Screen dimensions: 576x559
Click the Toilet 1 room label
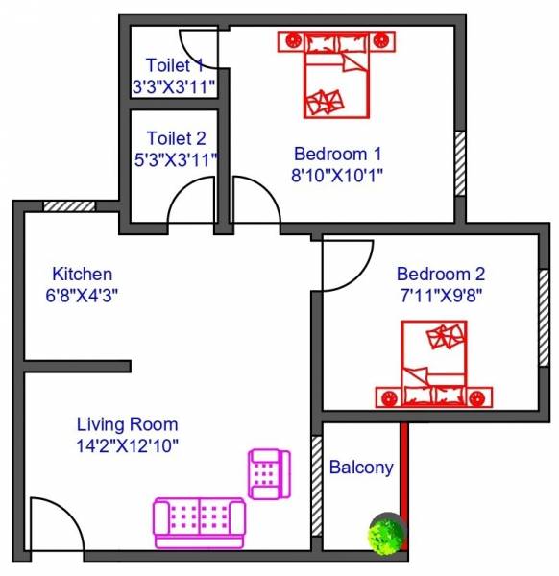point(175,65)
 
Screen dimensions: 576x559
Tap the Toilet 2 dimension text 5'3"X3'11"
point(176,158)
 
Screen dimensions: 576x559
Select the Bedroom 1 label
point(338,154)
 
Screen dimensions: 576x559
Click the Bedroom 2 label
point(441,273)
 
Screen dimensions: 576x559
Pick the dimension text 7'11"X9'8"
point(441,295)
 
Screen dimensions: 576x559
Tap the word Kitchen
point(82,274)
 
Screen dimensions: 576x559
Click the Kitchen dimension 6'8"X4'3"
point(82,296)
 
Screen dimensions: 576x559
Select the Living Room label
point(127,423)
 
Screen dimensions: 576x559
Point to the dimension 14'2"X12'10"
point(127,445)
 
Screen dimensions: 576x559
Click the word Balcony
point(361,468)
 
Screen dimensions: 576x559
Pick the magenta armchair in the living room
point(268,473)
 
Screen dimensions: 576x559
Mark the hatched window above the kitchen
point(69,205)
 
